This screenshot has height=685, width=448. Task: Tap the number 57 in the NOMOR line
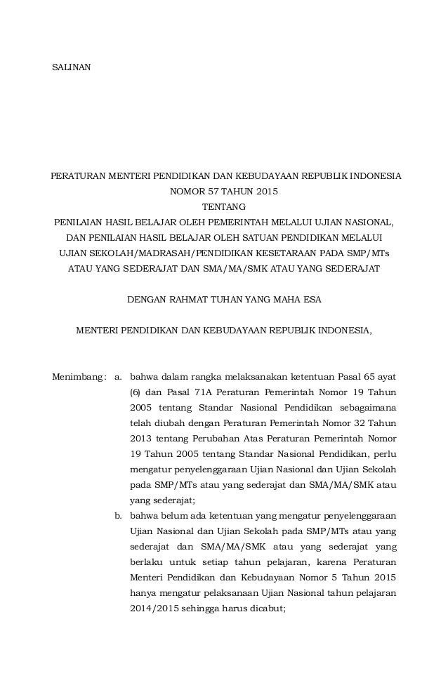pos(210,191)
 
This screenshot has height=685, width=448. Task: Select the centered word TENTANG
pos(224,207)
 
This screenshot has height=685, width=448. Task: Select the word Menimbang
pos(79,377)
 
